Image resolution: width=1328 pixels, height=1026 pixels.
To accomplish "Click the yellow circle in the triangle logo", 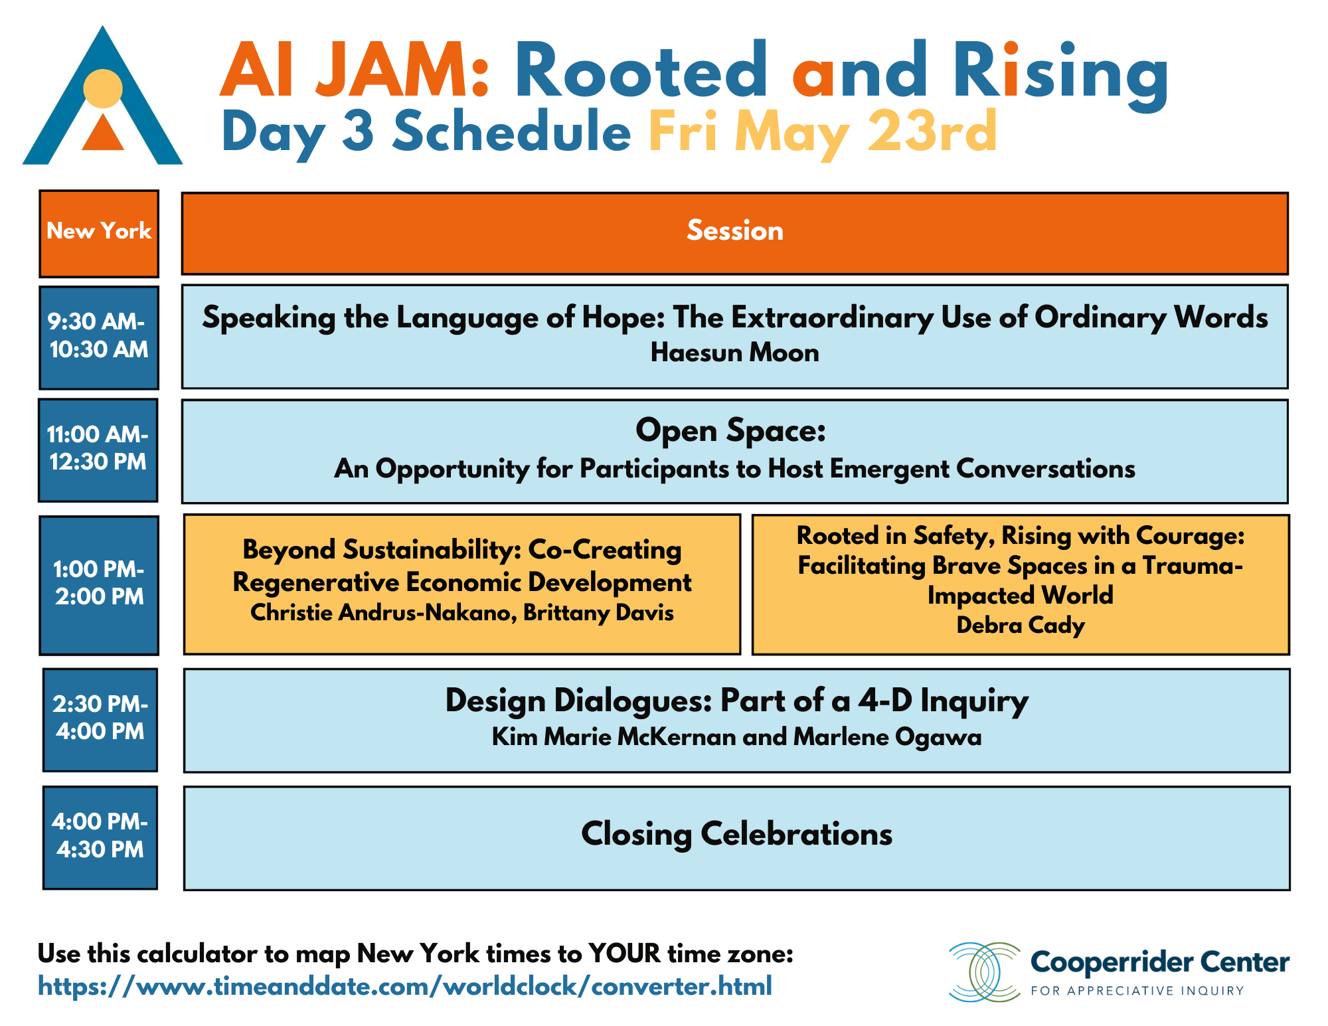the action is (103, 88).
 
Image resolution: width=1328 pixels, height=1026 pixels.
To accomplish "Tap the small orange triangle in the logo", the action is (103, 133).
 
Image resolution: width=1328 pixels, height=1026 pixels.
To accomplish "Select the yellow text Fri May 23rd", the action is (823, 132).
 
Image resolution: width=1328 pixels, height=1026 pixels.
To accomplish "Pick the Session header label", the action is (734, 231).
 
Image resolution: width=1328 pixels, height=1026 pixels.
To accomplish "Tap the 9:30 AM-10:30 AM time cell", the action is (99, 337).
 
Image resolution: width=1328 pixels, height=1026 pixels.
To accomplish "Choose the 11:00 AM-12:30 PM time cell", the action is (98, 450).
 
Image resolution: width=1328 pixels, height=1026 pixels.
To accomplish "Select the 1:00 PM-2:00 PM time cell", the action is (99, 585).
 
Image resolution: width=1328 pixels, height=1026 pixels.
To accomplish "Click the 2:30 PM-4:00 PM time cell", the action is (100, 720).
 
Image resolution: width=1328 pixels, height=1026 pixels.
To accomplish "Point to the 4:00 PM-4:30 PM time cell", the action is (100, 837).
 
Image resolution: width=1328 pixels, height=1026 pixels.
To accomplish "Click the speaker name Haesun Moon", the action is (734, 353).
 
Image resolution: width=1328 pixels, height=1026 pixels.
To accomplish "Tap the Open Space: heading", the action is (730, 431).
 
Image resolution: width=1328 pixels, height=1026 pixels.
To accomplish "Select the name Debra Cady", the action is (1021, 626).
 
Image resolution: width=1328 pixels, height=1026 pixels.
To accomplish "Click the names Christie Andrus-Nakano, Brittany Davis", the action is (462, 612).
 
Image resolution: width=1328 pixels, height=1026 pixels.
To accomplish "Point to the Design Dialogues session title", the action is (736, 701).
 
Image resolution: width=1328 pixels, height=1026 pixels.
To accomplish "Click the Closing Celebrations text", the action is (736, 834).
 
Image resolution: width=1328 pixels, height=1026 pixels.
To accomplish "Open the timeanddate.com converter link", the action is (405, 986).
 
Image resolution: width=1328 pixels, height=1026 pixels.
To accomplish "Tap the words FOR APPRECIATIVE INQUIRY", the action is (1137, 991).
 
